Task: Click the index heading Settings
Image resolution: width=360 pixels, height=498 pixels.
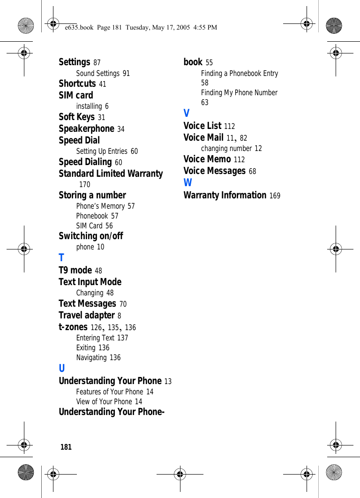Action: tap(75, 62)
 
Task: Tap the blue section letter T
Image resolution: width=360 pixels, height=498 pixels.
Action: tap(61, 258)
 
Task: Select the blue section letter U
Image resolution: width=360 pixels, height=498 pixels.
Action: tap(62, 369)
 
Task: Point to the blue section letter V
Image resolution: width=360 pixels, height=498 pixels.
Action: tap(187, 113)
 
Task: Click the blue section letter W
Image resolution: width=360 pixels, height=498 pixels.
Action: tap(187, 183)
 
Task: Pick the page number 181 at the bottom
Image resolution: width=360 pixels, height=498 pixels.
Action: tap(66, 447)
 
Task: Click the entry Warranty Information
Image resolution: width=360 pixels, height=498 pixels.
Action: tap(225, 195)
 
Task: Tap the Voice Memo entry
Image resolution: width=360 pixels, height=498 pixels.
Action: tap(207, 159)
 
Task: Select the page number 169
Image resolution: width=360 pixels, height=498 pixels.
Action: tap(275, 196)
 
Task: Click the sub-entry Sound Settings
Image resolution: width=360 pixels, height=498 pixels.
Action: tap(97, 73)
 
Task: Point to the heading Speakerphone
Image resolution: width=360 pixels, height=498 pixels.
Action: tap(86, 128)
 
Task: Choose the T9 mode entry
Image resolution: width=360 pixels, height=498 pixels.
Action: tap(75, 270)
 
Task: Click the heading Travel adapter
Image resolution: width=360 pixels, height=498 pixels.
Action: tap(87, 315)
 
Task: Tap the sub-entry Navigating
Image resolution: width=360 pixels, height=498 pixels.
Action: tap(91, 357)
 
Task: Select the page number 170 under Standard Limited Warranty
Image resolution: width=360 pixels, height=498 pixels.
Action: tap(85, 185)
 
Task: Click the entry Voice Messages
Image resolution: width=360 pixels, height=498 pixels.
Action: tap(214, 171)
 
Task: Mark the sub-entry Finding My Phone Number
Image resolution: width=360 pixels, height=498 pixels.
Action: tap(239, 93)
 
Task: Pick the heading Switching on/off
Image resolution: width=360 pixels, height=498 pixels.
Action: tap(90, 236)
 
